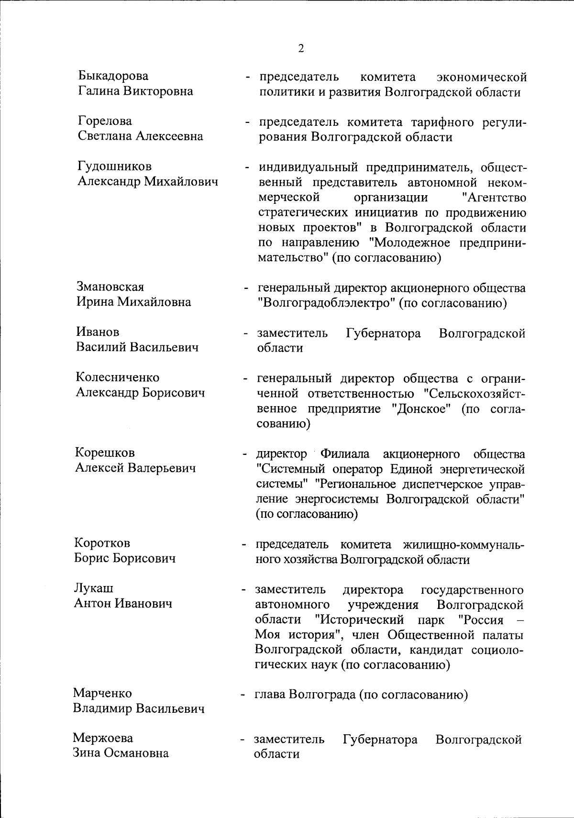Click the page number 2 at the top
point(301,48)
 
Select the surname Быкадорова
point(113,76)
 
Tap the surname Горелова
point(105,121)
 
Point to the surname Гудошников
point(115,166)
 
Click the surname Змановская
point(110,287)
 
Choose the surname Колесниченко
point(118,377)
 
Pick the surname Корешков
point(105,453)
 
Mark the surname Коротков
point(102,543)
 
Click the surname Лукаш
point(94,588)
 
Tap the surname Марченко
point(102,693)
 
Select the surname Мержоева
point(103,738)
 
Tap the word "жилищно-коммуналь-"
point(464,544)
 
